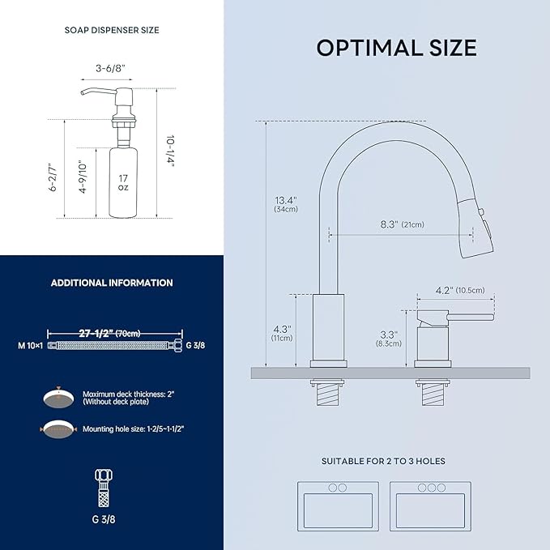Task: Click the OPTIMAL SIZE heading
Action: tap(396, 48)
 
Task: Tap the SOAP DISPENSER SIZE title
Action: tap(112, 30)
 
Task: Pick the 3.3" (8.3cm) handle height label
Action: tap(389, 338)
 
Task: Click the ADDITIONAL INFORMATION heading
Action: tap(112, 283)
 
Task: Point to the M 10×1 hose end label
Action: tap(30, 344)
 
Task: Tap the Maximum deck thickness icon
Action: tap(56, 399)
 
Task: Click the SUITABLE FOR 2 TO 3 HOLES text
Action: tap(383, 461)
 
